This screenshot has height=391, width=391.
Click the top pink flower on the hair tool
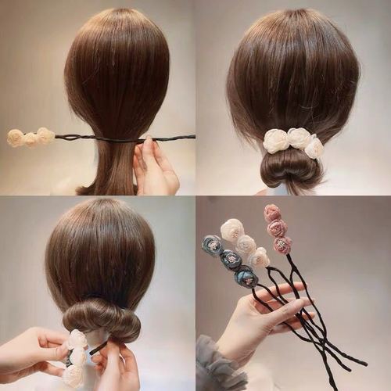(x=272, y=213)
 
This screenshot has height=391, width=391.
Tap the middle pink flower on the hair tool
(x=278, y=228)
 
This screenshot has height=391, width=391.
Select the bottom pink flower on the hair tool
(x=283, y=245)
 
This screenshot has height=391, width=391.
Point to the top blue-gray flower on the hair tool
(x=212, y=246)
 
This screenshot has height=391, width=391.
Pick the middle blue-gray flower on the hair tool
(x=230, y=260)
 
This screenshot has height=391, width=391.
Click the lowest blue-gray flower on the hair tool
(x=246, y=276)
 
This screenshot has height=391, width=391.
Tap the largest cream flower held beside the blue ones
(x=231, y=230)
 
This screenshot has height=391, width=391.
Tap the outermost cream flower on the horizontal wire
(x=15, y=138)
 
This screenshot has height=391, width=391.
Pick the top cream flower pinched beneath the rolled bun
(x=77, y=339)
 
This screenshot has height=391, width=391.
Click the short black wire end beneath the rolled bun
(x=97, y=348)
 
